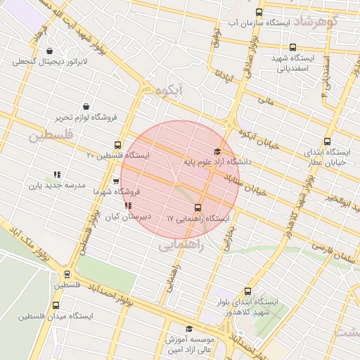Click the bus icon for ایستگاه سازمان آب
[259, 13]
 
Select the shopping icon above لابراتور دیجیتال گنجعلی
[50, 51]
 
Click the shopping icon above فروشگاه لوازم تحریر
[86, 106]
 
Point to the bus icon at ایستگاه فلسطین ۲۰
[117, 146]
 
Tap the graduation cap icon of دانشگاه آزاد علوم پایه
[217, 152]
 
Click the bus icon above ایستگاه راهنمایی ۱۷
[197, 207]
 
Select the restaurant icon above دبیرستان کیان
[127, 206]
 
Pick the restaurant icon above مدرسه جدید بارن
[57, 174]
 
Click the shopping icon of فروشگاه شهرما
[116, 181]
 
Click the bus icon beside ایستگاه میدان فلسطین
[56, 306]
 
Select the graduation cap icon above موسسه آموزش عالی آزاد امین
[188, 329]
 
